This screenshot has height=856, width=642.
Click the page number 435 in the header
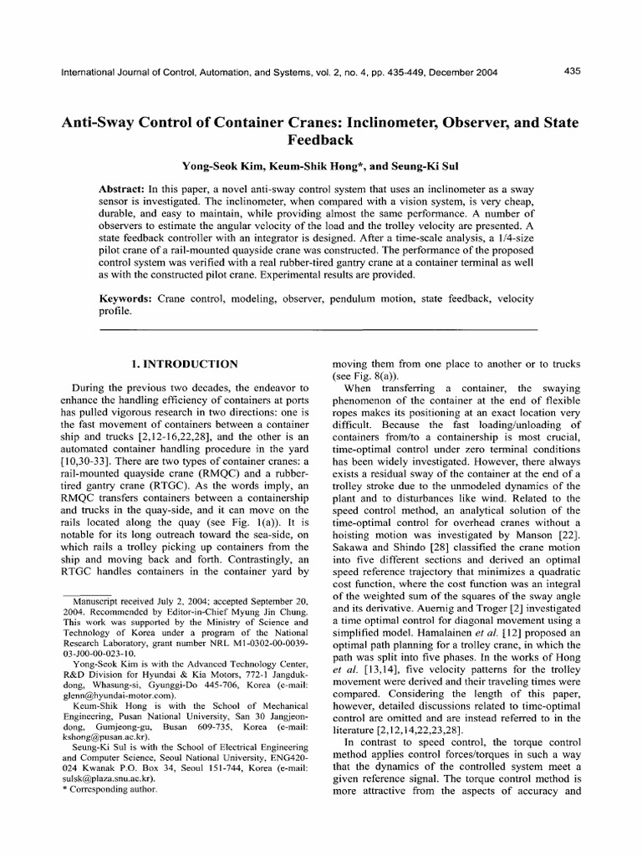pos(573,72)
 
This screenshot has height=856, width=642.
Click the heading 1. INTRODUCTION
pos(186,364)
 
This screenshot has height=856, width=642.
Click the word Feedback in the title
pos(321,139)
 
